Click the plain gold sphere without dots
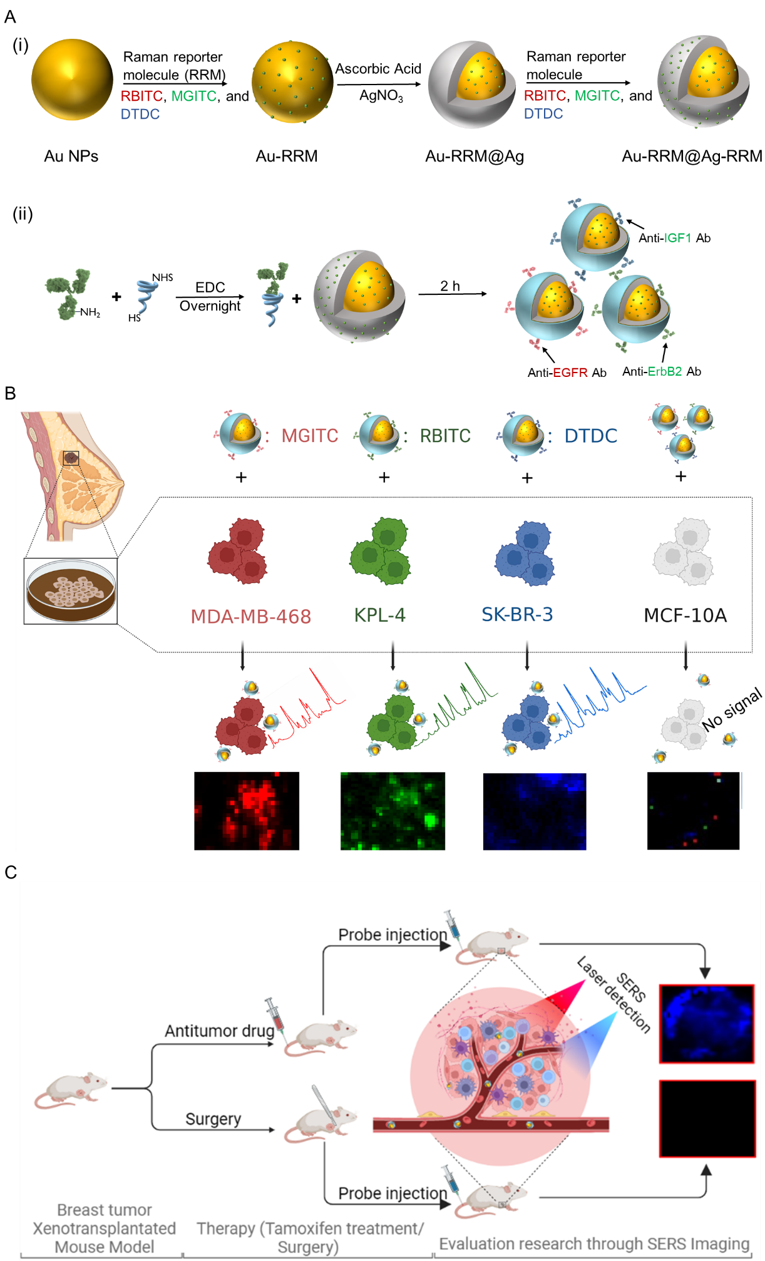pyautogui.click(x=72, y=80)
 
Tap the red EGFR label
pyautogui.click(x=570, y=372)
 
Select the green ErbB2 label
pyautogui.click(x=664, y=371)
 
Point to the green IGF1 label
pyautogui.click(x=677, y=238)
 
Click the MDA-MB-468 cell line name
pyautogui.click(x=250, y=617)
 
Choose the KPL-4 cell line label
pyautogui.click(x=379, y=615)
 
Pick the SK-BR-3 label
pyautogui.click(x=517, y=615)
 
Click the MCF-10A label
pyautogui.click(x=685, y=615)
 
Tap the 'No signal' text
pyautogui.click(x=732, y=709)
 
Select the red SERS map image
pyautogui.click(x=247, y=811)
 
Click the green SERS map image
pyautogui.click(x=393, y=811)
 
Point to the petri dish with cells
pyautogui.click(x=71, y=591)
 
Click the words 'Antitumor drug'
pyautogui.click(x=219, y=1031)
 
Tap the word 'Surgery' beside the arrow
pyautogui.click(x=213, y=1118)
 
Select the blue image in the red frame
pyautogui.click(x=706, y=1024)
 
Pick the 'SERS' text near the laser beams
pyautogui.click(x=631, y=987)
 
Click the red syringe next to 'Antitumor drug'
pyautogui.click(x=275, y=1015)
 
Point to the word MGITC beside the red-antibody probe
pyautogui.click(x=309, y=436)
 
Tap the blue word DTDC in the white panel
pyautogui.click(x=590, y=436)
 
